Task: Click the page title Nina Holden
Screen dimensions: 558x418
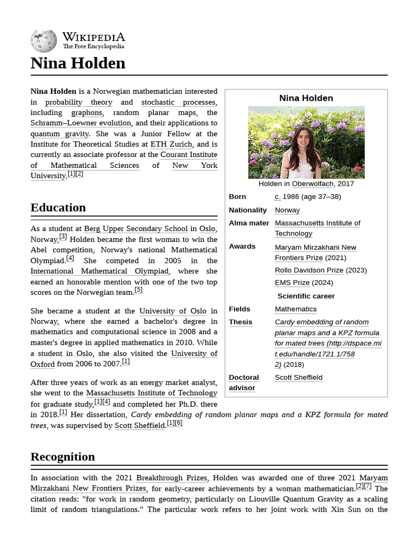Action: (78, 63)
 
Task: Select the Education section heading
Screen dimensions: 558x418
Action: (58, 208)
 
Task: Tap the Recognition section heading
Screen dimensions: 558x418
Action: (63, 457)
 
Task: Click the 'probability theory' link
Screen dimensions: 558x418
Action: (78, 102)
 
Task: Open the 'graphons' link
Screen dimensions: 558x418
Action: (87, 113)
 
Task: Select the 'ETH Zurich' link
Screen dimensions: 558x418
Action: (171, 144)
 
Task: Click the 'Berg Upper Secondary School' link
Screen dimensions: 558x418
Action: (136, 229)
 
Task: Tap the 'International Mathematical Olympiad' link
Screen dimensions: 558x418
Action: (100, 271)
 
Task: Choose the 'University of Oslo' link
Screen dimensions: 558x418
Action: (173, 311)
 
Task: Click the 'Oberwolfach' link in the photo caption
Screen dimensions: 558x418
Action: (313, 184)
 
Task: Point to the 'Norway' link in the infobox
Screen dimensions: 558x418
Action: (287, 210)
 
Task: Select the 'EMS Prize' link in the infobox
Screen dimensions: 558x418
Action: (292, 283)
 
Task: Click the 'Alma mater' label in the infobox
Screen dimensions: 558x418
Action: (249, 223)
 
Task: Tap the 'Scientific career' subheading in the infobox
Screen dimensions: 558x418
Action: (306, 296)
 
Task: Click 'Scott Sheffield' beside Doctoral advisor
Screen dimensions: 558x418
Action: (298, 378)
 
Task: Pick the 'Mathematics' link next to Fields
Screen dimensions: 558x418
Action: (296, 310)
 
